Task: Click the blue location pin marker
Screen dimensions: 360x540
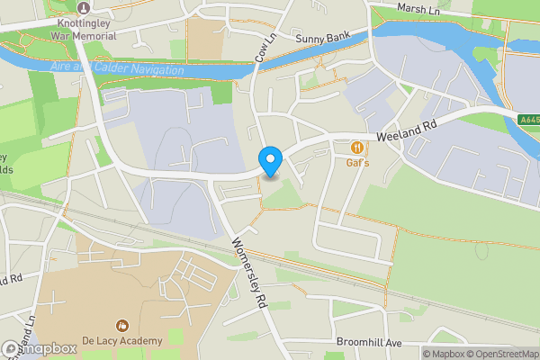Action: [x=270, y=161]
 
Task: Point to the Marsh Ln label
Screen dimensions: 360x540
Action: [x=418, y=9]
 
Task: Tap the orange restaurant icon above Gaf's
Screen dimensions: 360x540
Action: [x=358, y=147]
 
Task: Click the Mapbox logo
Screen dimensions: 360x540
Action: [x=38, y=348]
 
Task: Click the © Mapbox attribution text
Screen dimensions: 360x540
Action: [x=446, y=353]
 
